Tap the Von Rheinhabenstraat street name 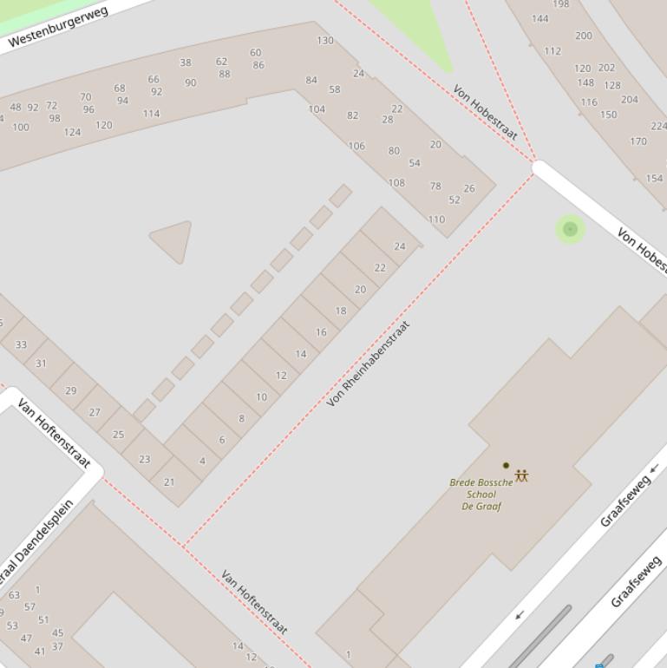tap(368, 364)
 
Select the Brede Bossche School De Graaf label tap(481, 494)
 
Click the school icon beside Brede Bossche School tap(521, 475)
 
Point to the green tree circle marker tap(570, 229)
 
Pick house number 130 tap(325, 40)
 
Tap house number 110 tap(436, 219)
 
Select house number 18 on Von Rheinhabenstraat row tap(341, 311)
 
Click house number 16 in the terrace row tap(321, 332)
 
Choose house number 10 tap(261, 397)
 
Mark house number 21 tap(169, 482)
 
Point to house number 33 tap(21, 344)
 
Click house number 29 tap(70, 391)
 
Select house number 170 tap(638, 141)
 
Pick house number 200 tap(583, 36)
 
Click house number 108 tap(396, 183)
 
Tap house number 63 tap(14, 595)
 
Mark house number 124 tap(72, 133)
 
